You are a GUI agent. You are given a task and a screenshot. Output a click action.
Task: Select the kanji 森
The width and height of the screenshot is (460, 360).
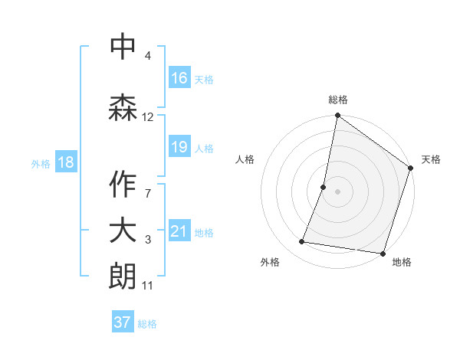[x=123, y=107]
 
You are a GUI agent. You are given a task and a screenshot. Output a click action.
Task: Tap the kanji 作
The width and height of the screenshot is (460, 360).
[x=123, y=184]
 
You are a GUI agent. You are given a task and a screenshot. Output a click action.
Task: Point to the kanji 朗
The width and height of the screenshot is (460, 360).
[x=123, y=277]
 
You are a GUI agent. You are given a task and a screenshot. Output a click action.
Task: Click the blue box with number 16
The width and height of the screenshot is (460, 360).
[x=179, y=78]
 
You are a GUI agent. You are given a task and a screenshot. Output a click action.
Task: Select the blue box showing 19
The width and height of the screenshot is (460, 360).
[x=179, y=147]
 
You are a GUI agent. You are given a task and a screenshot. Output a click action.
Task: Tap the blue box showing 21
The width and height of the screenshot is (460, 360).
[x=179, y=231]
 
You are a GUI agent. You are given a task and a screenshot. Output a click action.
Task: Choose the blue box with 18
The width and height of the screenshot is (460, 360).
[x=65, y=162]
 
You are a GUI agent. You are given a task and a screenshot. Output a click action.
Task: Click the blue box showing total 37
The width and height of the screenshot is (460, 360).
[x=123, y=322]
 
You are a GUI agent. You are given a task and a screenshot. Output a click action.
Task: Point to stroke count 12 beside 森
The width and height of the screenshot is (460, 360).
[x=148, y=117]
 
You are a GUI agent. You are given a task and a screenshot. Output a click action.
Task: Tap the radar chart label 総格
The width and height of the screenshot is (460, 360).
[x=338, y=100]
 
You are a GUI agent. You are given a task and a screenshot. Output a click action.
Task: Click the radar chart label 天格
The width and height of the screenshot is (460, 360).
[x=431, y=159]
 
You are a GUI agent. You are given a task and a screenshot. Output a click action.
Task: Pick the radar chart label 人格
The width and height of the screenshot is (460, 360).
[x=245, y=159]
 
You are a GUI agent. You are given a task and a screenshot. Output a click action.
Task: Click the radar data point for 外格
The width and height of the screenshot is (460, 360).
[x=303, y=242]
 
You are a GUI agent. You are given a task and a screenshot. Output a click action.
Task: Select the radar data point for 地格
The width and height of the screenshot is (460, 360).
[x=382, y=253]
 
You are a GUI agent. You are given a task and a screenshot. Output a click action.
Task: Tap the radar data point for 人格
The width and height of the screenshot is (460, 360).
[x=324, y=187]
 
